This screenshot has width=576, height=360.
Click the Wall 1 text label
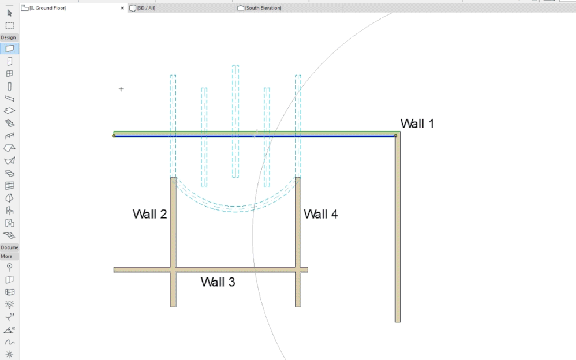coord(417,123)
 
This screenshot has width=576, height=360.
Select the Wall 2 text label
coord(149,214)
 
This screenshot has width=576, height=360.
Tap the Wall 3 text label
coord(218,282)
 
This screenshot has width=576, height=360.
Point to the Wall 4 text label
coord(320,214)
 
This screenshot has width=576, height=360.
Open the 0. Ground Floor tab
coord(48,8)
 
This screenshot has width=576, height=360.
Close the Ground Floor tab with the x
coord(122,8)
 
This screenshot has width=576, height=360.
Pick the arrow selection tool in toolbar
coord(9,13)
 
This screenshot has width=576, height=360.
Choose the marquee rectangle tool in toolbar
coord(9,25)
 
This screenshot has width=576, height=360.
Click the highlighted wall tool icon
coord(9,49)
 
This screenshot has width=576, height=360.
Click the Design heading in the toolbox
coord(9,37)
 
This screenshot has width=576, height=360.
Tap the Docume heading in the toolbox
coord(9,247)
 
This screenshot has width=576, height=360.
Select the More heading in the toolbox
coord(6,256)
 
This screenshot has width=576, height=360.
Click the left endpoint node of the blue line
coord(114,136)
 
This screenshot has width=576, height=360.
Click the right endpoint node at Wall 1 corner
coord(395,136)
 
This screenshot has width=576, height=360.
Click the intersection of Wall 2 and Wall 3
coord(173,269)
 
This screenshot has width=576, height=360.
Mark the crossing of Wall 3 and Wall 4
coord(298,269)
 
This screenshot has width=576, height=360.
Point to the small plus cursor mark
coord(121,89)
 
